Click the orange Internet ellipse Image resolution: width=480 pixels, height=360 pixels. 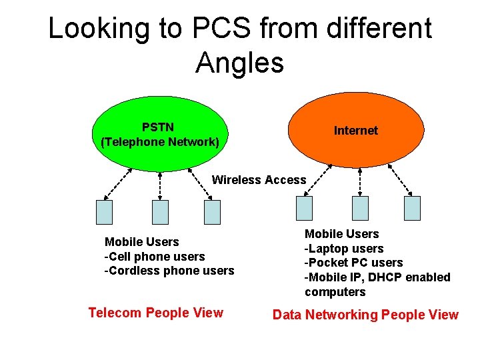coord(355,131)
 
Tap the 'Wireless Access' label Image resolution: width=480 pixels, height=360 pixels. coord(259,179)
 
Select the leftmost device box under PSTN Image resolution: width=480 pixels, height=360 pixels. coord(105,212)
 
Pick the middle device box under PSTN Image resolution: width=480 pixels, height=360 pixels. coord(161,212)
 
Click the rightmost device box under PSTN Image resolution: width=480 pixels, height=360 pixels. coord(212,212)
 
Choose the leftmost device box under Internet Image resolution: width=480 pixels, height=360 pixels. coord(304,208)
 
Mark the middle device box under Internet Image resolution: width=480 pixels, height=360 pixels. coord(360,208)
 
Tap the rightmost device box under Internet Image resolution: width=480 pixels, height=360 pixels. coord(412,208)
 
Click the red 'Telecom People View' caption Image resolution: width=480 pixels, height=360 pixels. coord(156,313)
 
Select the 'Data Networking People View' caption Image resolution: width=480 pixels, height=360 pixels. coord(365,315)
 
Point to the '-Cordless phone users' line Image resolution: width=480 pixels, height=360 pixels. coord(169,271)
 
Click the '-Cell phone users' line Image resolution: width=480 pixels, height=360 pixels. coord(154,256)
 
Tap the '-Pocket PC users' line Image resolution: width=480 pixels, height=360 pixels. coord(353,263)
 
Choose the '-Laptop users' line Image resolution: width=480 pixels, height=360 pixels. coord(344,249)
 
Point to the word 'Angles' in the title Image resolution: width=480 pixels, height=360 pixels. coord(240,63)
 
